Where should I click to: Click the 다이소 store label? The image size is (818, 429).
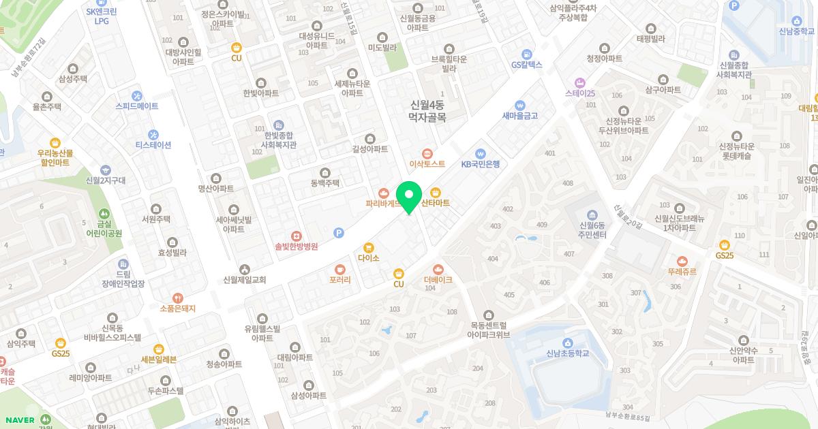(x=368, y=258)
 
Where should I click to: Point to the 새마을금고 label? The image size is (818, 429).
(x=520, y=115)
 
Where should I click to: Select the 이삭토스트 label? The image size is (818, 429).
(x=427, y=163)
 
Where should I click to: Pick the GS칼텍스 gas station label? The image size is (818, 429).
(x=526, y=64)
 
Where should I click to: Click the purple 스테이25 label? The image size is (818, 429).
(x=580, y=93)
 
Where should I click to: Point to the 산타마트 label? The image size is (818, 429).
(x=436, y=203)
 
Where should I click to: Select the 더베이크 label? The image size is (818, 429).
(x=438, y=279)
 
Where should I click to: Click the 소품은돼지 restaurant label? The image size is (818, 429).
(x=177, y=308)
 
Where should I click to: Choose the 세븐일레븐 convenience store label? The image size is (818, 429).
(x=158, y=359)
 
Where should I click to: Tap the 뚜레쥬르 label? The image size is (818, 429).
(x=682, y=270)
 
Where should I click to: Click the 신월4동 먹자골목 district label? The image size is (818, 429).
(x=427, y=111)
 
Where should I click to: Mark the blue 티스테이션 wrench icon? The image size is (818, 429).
(x=153, y=134)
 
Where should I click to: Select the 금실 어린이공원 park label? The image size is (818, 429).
(x=104, y=227)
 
